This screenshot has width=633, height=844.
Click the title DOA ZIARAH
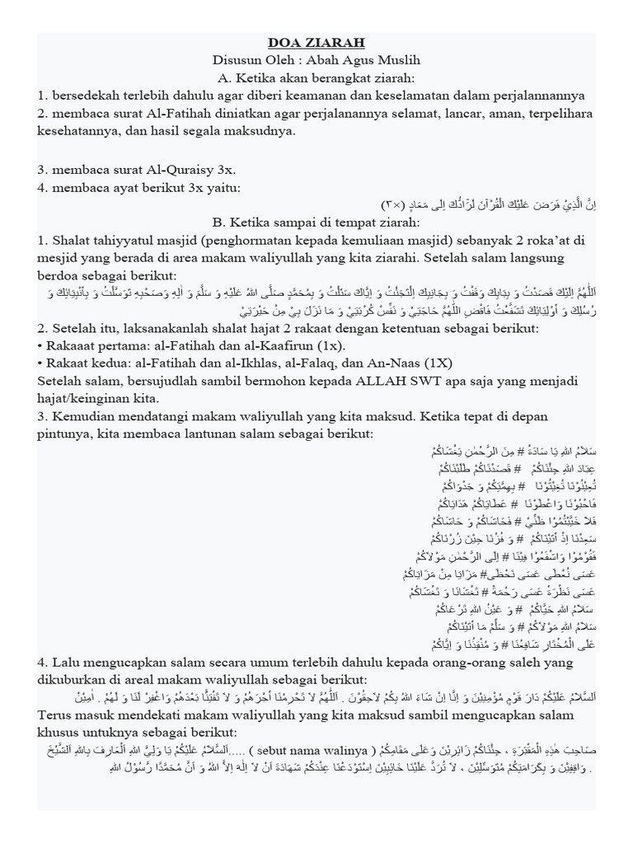(x=316, y=43)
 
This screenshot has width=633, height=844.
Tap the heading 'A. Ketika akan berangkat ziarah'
(x=316, y=79)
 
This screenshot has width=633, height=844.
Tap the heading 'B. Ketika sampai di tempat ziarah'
(x=316, y=222)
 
